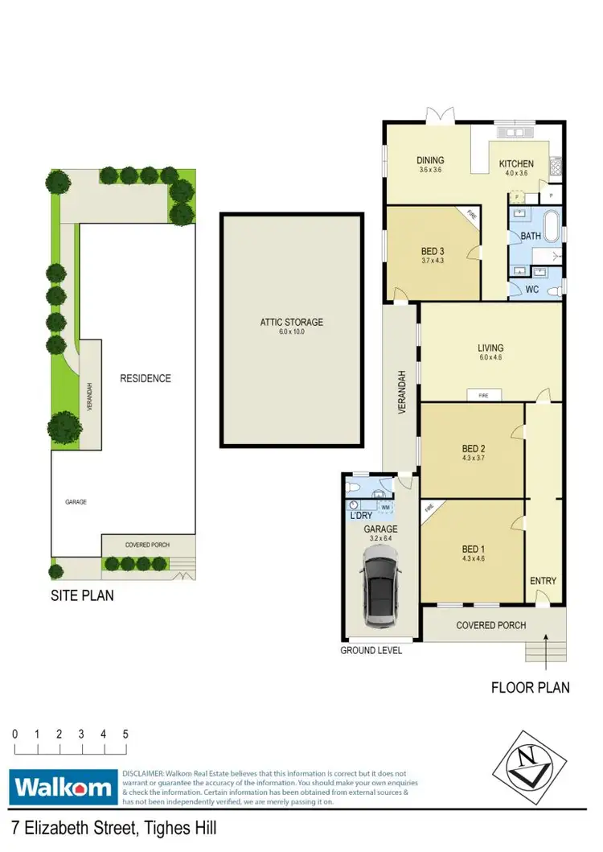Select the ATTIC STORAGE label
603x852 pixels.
click(x=291, y=322)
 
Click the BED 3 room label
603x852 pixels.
click(x=433, y=250)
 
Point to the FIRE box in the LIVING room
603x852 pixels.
click(x=484, y=395)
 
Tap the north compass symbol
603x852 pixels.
click(x=524, y=761)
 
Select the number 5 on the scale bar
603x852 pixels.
click(x=125, y=735)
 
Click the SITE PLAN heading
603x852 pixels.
click(x=81, y=596)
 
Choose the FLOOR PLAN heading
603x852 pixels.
click(x=531, y=687)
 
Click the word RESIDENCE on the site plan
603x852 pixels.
click(x=146, y=378)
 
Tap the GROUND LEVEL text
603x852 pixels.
click(x=371, y=650)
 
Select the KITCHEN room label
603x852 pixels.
click(x=516, y=164)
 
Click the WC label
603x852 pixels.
click(x=532, y=289)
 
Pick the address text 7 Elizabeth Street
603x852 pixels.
click(x=113, y=828)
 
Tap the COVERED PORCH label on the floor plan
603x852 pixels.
click(x=490, y=625)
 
